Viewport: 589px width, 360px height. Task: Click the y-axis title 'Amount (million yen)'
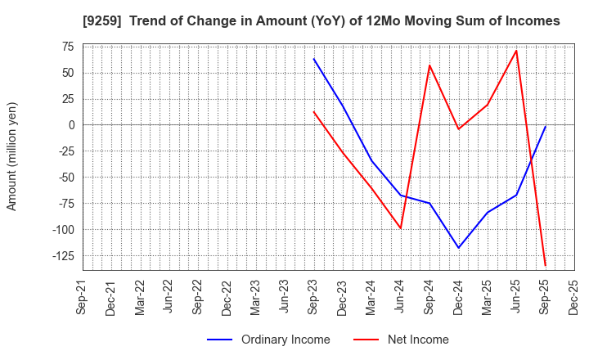pyautogui.click(x=12, y=156)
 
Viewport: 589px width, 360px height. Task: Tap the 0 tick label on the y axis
pyautogui.click(x=71, y=125)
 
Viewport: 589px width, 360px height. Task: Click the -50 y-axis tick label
pyautogui.click(x=64, y=178)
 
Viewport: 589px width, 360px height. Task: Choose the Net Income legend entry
pyautogui.click(x=401, y=340)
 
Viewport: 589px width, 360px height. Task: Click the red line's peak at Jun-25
pyautogui.click(x=516, y=51)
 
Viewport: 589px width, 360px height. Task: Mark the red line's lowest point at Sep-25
pyautogui.click(x=545, y=266)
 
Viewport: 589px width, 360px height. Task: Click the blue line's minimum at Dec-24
pyautogui.click(x=458, y=248)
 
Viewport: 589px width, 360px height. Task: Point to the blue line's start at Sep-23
pyautogui.click(x=313, y=58)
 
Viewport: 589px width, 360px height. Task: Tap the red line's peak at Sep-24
pyautogui.click(x=429, y=65)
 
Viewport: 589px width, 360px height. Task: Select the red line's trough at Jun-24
pyautogui.click(x=401, y=228)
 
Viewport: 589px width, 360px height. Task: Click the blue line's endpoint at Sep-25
pyautogui.click(x=545, y=126)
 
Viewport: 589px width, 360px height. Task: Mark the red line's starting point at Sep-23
pyautogui.click(x=313, y=111)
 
